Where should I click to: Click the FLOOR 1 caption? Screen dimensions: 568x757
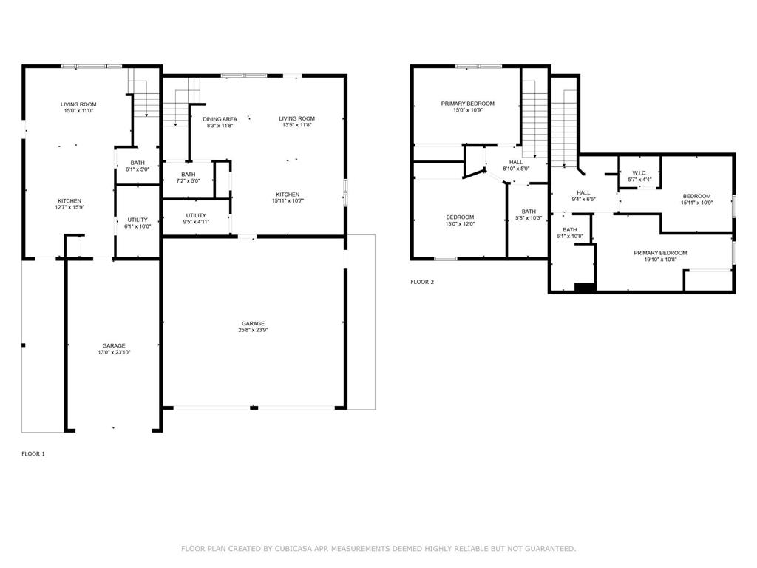[x=33, y=453]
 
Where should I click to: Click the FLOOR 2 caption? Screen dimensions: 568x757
[x=422, y=282]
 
